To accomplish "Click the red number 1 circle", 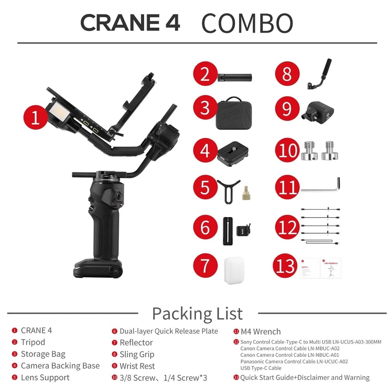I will point(36,117).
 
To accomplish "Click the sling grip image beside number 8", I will point(320,74).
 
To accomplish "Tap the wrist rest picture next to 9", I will point(319,110).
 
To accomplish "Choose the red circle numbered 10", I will point(288,150).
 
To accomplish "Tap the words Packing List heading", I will point(197,314).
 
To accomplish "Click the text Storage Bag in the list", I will point(43,354).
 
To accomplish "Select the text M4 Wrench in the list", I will point(261,332).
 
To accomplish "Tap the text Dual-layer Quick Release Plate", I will point(169,331).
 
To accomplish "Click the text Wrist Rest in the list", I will point(137,366).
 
